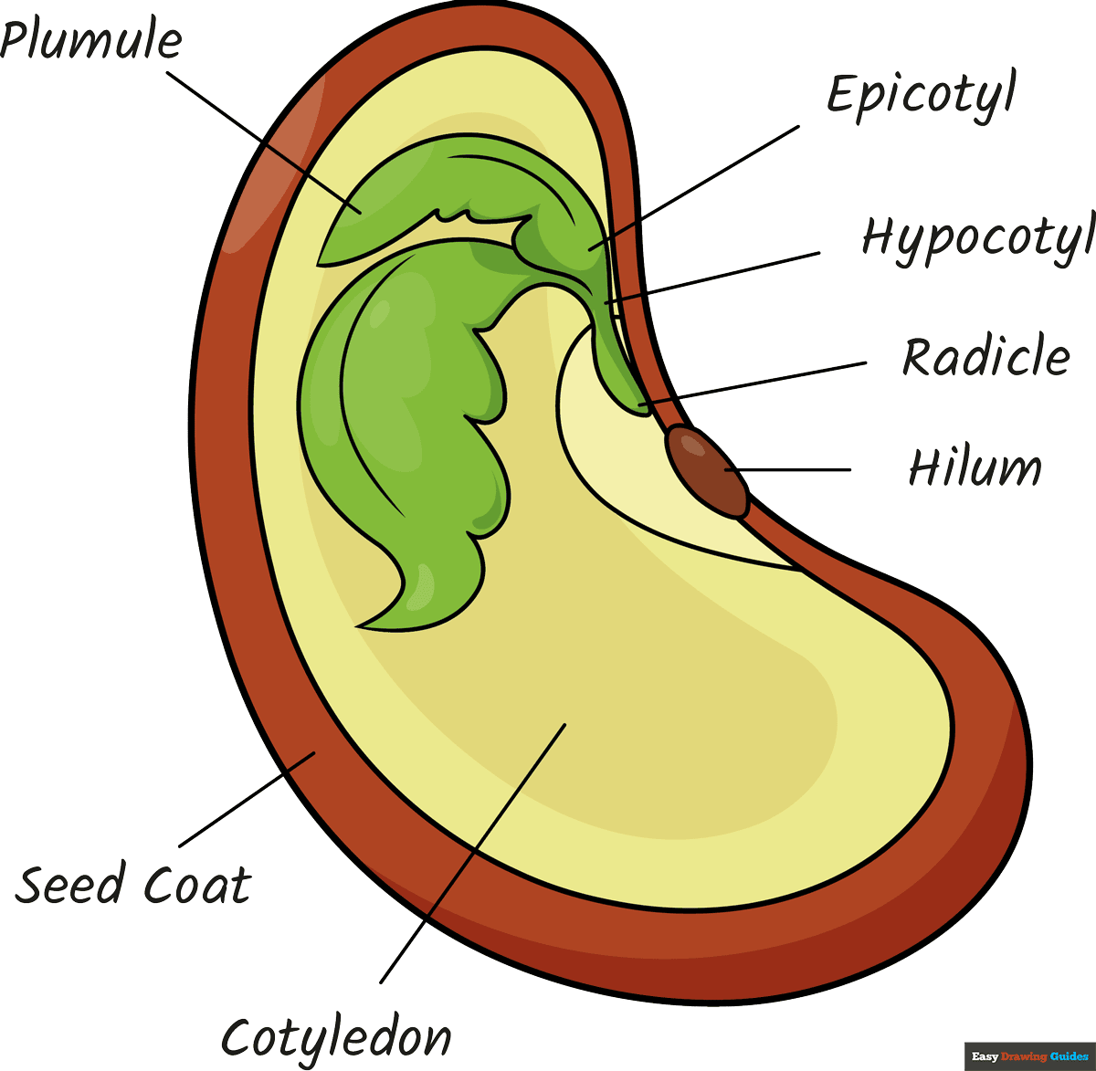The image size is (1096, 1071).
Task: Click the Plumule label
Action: pyautogui.click(x=91, y=41)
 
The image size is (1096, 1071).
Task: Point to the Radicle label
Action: pyautogui.click(x=986, y=356)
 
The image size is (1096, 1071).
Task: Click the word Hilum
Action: pyautogui.click(x=975, y=467)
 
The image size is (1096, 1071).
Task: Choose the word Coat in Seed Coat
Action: pyautogui.click(x=197, y=885)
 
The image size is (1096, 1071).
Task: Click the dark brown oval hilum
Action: pyautogui.click(x=709, y=471)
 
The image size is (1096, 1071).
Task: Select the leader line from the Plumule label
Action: pyautogui.click(x=260, y=142)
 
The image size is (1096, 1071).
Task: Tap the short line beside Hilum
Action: pyautogui.click(x=795, y=470)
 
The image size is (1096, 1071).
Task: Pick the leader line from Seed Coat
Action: pyautogui.click(x=247, y=800)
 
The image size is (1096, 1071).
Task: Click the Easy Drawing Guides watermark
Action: pyautogui.click(x=1029, y=1056)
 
